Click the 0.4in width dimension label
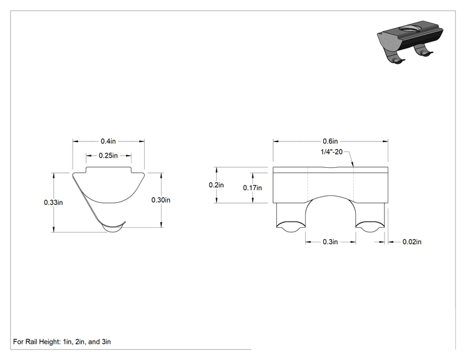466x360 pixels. click(x=108, y=141)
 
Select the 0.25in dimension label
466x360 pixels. click(x=108, y=155)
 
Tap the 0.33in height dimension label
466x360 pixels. click(x=53, y=202)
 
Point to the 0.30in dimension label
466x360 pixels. click(x=161, y=200)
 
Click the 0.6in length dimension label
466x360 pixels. click(x=331, y=141)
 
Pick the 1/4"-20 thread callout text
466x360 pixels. click(x=332, y=152)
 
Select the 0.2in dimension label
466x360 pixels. click(x=216, y=185)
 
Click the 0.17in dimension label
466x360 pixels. click(x=252, y=188)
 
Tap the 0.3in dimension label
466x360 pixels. click(x=331, y=242)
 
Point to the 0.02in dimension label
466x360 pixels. click(x=412, y=242)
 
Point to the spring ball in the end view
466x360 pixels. click(x=113, y=229)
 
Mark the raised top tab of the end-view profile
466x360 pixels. click(x=109, y=170)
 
